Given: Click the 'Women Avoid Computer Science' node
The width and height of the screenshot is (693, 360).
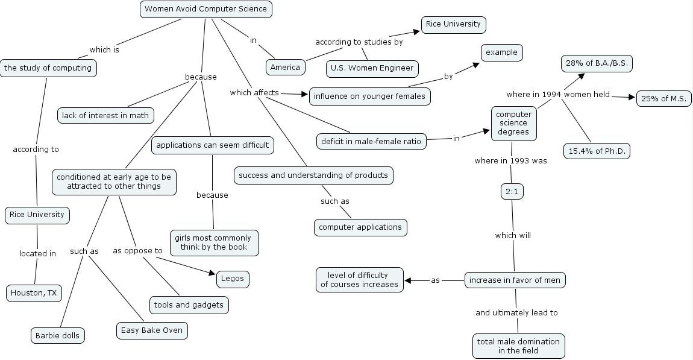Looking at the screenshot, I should pyautogui.click(x=205, y=10).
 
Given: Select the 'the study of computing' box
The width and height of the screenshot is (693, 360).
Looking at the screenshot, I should pyautogui.click(x=48, y=68).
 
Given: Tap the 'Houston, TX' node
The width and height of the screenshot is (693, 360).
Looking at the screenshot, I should pyautogui.click(x=34, y=294).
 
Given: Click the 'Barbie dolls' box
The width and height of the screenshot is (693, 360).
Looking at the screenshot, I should pyautogui.click(x=57, y=335).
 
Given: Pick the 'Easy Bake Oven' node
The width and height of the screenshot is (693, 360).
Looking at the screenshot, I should pyautogui.click(x=152, y=330).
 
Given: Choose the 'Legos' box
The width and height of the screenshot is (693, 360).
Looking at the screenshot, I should pyautogui.click(x=232, y=279).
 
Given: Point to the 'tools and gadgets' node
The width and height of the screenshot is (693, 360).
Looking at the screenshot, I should pyautogui.click(x=189, y=305).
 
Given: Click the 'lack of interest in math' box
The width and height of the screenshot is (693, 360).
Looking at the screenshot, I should pyautogui.click(x=105, y=115).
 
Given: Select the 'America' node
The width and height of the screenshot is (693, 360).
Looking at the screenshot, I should pyautogui.click(x=285, y=67).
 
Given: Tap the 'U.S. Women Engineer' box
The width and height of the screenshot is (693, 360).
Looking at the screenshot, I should pyautogui.click(x=372, y=68).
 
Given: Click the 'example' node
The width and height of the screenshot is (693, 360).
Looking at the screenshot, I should pyautogui.click(x=501, y=52).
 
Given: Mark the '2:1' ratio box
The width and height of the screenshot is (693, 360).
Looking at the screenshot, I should pyautogui.click(x=512, y=192).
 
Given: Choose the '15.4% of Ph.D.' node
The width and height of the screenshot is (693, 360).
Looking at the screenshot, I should pyautogui.click(x=597, y=151).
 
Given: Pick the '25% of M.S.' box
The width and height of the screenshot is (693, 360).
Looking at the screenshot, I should pyautogui.click(x=663, y=99).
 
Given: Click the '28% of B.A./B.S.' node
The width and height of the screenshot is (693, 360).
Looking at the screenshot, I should pyautogui.click(x=597, y=63).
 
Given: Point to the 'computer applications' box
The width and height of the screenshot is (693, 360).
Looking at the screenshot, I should pyautogui.click(x=360, y=227).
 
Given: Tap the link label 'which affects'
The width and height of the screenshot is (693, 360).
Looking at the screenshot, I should pyautogui.click(x=254, y=93).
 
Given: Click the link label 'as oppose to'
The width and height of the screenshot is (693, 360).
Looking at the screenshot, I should pyautogui.click(x=138, y=251).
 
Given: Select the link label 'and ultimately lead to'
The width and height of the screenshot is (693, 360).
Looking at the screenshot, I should pyautogui.click(x=516, y=312).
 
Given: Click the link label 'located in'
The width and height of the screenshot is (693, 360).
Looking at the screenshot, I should pyautogui.click(x=37, y=254).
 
